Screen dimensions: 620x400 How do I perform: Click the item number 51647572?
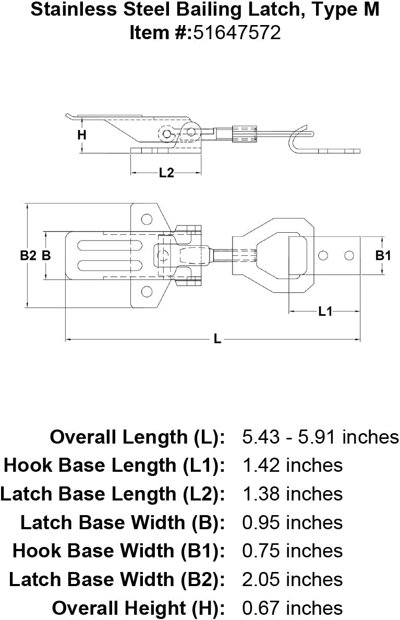(237, 33)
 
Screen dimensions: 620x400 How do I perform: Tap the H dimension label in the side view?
(81, 135)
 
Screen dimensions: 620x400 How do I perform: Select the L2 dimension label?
(166, 174)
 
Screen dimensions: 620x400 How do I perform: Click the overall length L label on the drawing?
(217, 340)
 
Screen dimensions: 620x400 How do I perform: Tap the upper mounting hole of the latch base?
(147, 219)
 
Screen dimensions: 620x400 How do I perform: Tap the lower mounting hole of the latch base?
(147, 292)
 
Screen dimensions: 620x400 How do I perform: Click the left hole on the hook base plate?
(323, 255)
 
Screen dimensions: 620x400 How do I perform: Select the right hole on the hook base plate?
(349, 255)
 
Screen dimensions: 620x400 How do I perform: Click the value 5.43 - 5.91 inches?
(320, 437)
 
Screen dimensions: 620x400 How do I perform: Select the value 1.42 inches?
(292, 465)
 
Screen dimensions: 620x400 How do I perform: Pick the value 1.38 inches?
(292, 494)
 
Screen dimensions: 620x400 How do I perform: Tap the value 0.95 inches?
(292, 522)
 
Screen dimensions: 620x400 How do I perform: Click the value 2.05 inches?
(292, 579)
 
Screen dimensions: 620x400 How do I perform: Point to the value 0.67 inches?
(292, 608)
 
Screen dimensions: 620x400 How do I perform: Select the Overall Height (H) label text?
(138, 608)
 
